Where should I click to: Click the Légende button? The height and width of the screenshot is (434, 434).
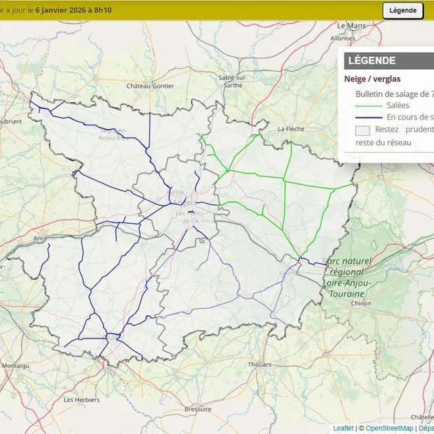(403, 10)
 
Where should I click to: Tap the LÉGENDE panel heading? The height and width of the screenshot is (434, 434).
(372, 61)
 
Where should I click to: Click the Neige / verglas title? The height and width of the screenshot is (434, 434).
(372, 79)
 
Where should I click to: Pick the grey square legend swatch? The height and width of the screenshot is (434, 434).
(363, 130)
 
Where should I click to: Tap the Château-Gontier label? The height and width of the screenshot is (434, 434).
(150, 86)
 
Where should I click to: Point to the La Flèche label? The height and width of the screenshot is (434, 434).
(290, 128)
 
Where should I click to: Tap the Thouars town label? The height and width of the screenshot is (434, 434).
(260, 364)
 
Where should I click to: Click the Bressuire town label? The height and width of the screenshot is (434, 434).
(197, 409)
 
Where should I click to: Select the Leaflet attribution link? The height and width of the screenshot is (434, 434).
(343, 428)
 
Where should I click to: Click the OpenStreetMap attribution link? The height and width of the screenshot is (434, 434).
(389, 428)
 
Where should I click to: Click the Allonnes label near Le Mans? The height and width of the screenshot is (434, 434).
(342, 39)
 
